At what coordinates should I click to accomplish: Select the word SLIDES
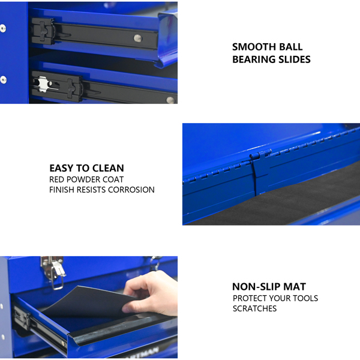(295, 59)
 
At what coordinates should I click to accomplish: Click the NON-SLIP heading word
(256, 287)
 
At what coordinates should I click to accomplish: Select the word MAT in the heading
(295, 287)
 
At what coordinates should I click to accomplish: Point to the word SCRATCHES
(254, 308)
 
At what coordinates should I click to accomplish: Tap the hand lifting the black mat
(152, 293)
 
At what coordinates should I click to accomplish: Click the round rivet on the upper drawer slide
(137, 38)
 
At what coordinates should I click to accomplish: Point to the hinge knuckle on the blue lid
(261, 155)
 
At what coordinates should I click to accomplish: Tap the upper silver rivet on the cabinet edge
(3, 28)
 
